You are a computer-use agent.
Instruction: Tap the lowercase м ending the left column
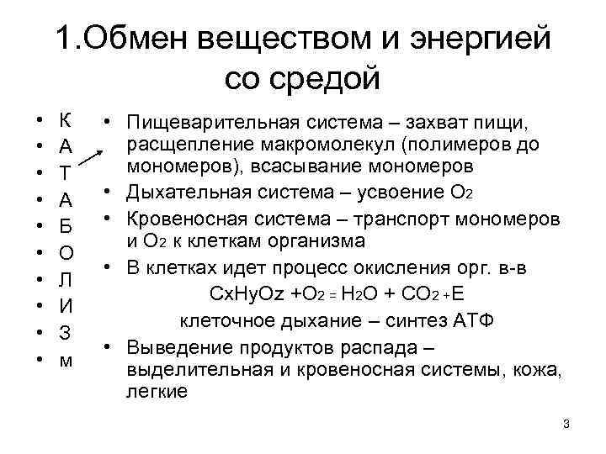(66, 361)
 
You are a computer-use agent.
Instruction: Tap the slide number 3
(566, 425)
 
